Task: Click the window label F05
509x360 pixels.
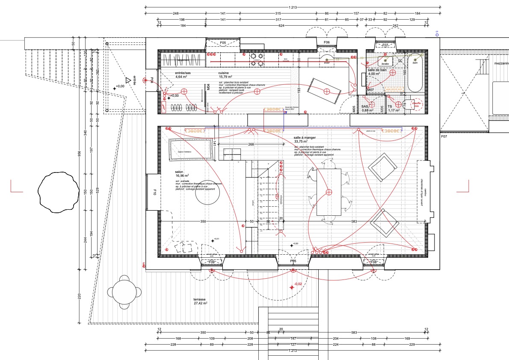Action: (223, 43)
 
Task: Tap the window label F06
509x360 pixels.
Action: (327, 43)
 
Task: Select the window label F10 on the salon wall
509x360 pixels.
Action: (154, 193)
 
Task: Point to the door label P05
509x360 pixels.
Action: (293, 261)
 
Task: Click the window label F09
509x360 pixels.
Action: (211, 262)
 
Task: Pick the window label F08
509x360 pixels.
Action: (373, 262)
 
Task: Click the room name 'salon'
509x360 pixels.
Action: (179, 172)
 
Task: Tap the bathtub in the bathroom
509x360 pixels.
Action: (415, 73)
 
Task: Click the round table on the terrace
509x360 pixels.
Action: (124, 292)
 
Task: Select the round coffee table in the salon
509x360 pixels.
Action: (208, 192)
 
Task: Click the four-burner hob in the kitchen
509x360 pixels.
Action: (257, 60)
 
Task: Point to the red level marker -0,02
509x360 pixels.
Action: (298, 284)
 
